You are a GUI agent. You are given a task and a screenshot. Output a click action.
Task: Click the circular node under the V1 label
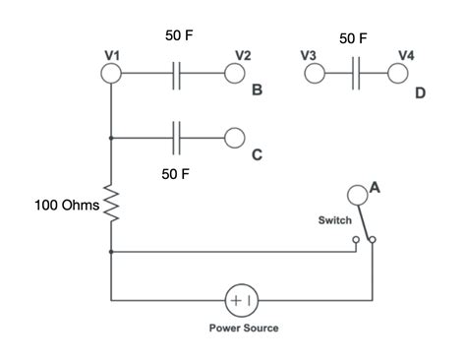[111, 73]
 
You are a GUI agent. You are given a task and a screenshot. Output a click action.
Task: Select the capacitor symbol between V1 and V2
[177, 73]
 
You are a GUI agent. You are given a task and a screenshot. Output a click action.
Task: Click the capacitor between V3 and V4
[355, 73]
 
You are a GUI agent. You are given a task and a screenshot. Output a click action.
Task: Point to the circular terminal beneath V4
[398, 73]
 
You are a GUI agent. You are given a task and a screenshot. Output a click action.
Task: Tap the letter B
[257, 91]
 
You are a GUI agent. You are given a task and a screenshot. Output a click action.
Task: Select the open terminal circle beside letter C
[234, 137]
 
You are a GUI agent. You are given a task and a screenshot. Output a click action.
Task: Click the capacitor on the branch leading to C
[177, 137]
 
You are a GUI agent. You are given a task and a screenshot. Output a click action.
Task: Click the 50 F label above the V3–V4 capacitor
[353, 37]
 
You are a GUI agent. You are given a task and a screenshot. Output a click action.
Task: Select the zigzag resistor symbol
[111, 205]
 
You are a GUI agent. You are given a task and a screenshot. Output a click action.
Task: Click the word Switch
[335, 221]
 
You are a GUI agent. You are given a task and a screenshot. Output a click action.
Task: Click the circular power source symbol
[241, 298]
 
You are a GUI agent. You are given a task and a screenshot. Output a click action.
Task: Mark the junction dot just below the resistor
[111, 252]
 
